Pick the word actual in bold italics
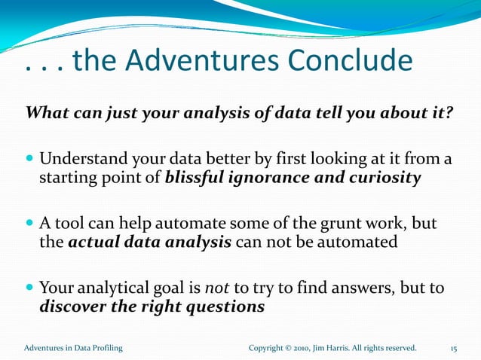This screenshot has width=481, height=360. point(93,243)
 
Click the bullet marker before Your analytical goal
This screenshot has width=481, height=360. point(29,288)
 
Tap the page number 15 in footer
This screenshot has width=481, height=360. point(454,348)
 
